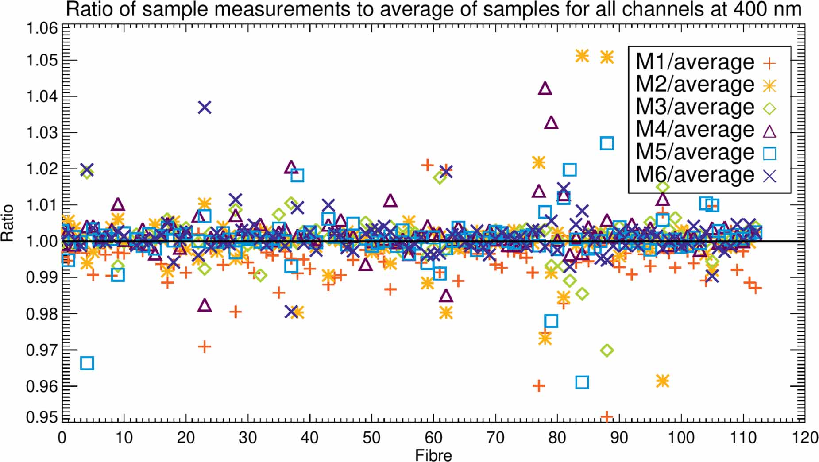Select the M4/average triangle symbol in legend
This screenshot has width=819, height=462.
click(770, 131)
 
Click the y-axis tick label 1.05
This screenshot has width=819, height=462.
click(42, 60)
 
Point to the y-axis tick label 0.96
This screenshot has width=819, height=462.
click(42, 386)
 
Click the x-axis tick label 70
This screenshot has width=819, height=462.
click(495, 438)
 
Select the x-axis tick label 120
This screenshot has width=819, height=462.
click(804, 438)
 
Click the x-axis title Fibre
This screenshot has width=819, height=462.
click(433, 455)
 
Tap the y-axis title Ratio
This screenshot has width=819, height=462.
click(8, 223)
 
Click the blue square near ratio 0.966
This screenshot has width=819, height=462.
click(87, 363)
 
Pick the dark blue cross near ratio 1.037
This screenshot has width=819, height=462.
click(205, 107)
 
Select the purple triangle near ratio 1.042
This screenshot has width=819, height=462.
click(545, 89)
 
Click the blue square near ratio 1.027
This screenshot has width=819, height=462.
click(607, 143)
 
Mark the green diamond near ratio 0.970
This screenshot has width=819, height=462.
click(607, 350)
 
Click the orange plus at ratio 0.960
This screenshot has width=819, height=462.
click(539, 386)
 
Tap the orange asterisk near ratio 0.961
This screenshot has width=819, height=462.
click(662, 381)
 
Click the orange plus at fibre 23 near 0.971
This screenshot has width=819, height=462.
click(205, 347)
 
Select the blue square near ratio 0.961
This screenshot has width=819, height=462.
click(582, 382)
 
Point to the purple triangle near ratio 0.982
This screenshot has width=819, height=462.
click(205, 305)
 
